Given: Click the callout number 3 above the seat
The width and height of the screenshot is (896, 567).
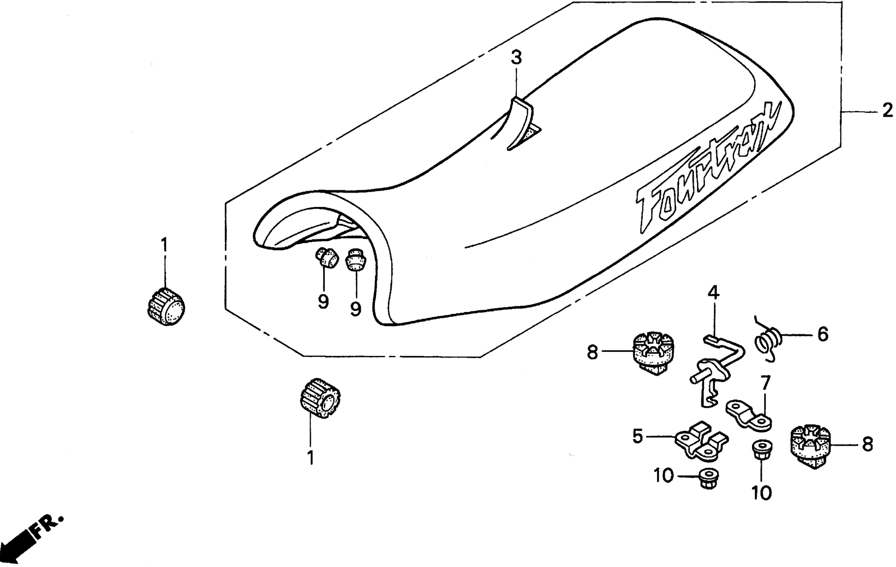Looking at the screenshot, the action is pyautogui.click(x=516, y=58).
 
